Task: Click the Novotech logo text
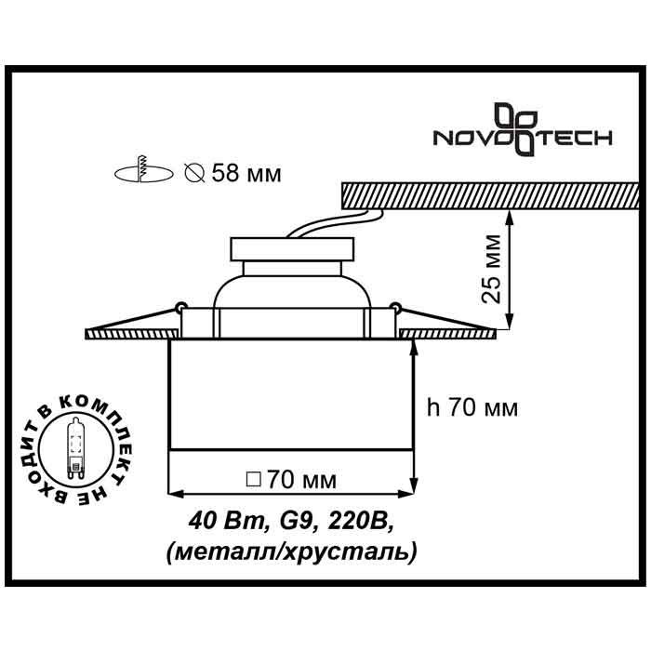point(525,139)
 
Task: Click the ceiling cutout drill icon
point(143,171)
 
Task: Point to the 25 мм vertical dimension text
point(494,270)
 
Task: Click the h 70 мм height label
point(472,407)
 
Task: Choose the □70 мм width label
point(290,480)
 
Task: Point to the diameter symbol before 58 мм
point(195,173)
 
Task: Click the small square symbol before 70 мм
point(251,481)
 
